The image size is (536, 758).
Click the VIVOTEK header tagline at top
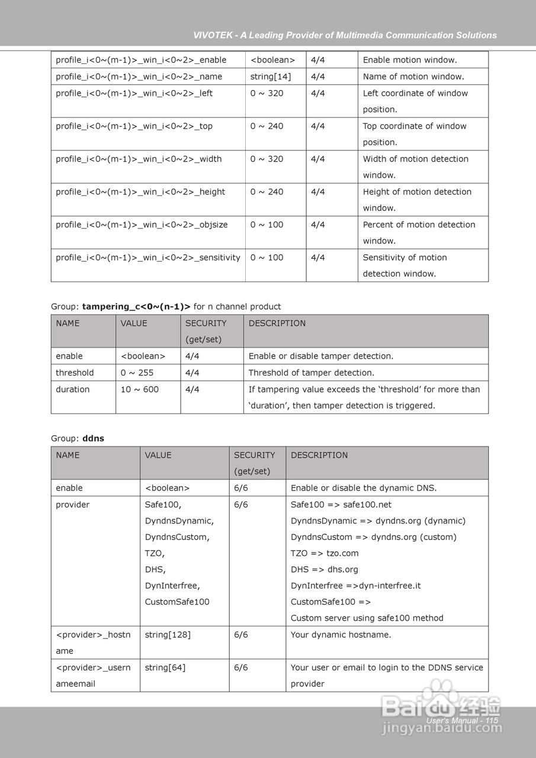(x=345, y=35)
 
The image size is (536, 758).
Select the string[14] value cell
(x=270, y=76)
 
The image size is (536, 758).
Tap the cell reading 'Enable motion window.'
(x=410, y=60)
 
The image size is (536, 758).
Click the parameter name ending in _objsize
(x=142, y=224)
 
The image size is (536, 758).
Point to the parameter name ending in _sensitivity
(x=148, y=258)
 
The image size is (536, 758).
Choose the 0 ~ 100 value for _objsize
(x=267, y=224)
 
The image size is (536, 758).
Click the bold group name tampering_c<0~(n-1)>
(x=136, y=306)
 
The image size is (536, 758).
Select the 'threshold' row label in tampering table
(x=75, y=372)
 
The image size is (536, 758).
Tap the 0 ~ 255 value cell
(x=137, y=372)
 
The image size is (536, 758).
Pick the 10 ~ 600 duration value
(x=139, y=389)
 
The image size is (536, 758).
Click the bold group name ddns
(x=93, y=438)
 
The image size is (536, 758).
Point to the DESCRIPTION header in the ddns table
(x=319, y=455)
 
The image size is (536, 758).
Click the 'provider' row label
(x=73, y=505)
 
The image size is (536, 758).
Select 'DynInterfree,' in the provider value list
(x=172, y=586)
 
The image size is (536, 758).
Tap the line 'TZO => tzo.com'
(x=325, y=553)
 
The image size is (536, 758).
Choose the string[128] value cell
(x=168, y=634)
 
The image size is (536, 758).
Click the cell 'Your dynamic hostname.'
(x=341, y=634)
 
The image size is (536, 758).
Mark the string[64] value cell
(x=165, y=667)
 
